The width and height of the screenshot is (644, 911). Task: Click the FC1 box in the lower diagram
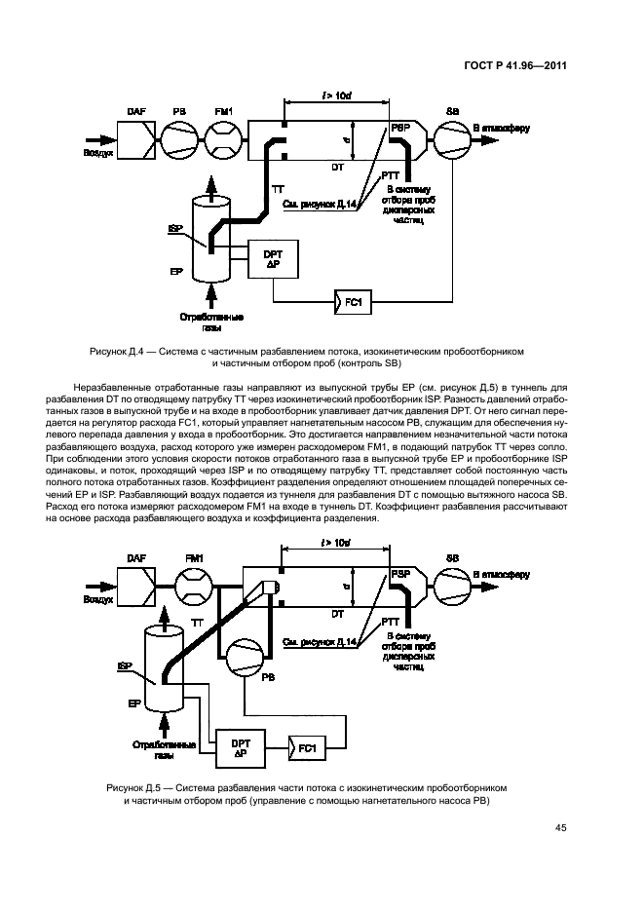point(305,747)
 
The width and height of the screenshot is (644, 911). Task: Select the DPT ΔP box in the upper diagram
point(273,260)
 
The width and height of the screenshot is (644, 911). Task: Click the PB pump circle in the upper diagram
point(180,139)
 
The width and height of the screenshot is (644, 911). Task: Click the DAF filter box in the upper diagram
point(137,139)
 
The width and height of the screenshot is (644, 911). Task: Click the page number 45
point(560,828)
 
